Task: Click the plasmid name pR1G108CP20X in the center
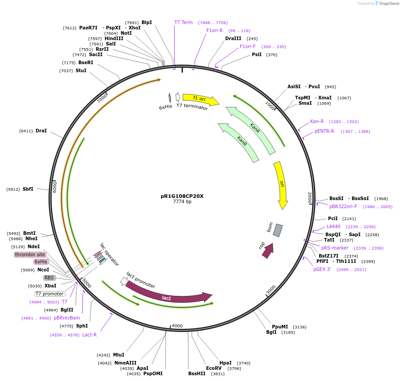click(x=182, y=196)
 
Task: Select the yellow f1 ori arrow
click(x=200, y=99)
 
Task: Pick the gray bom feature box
click(x=277, y=230)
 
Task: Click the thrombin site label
click(x=30, y=254)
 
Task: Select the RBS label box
click(x=49, y=278)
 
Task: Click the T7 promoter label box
click(x=50, y=294)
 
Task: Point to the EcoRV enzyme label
click(x=214, y=368)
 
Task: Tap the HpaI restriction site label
click(x=226, y=363)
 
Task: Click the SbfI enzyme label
click(x=28, y=189)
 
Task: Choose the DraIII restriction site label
click(x=233, y=38)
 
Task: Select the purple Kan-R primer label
click(x=317, y=121)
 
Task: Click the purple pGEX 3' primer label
click(x=322, y=269)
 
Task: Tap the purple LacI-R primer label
click(x=89, y=335)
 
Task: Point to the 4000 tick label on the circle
click(x=177, y=326)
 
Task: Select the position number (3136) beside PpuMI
click(x=300, y=327)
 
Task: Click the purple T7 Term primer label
click(x=183, y=22)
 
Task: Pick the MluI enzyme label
click(x=118, y=355)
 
